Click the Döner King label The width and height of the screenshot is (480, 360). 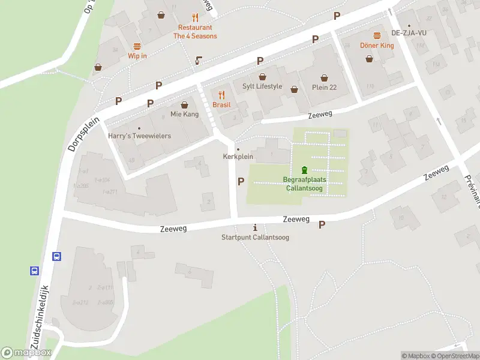click(x=377, y=45)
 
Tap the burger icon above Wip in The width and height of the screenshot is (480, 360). click(x=137, y=46)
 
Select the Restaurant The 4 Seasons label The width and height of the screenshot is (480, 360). click(x=195, y=32)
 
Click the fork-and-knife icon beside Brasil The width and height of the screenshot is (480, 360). click(x=221, y=94)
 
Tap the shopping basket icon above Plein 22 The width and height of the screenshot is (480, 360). click(x=324, y=77)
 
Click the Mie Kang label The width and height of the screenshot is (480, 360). click(x=184, y=114)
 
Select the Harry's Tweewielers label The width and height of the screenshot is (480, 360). click(x=139, y=136)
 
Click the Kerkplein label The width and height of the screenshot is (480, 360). click(x=238, y=157)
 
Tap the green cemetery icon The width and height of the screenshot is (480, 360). click(x=304, y=170)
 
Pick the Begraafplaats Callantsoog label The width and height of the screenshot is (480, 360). click(x=304, y=183)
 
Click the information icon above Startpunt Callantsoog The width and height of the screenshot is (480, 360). click(x=256, y=227)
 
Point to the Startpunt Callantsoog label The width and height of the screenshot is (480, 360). click(x=255, y=238)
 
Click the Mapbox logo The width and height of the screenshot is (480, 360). click(x=26, y=353)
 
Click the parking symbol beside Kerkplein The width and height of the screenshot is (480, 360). click(x=241, y=181)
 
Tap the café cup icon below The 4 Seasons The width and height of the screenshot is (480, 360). click(x=199, y=60)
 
